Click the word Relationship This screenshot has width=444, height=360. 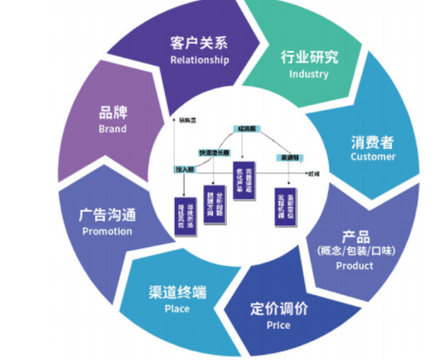coord(200,60)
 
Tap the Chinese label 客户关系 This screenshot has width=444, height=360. coord(199,43)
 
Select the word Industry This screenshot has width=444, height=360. coord(308,74)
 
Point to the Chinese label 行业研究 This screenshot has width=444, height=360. coord(309,57)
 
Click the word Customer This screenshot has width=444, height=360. coord(373,156)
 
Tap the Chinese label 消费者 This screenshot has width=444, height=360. coord(373,141)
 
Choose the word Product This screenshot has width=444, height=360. coord(355,266)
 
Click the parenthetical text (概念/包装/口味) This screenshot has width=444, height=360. coord(355,251)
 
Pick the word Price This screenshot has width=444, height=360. coord(278,325)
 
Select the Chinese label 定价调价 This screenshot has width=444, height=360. coord(279,309)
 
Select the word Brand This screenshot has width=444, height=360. coord(112,129)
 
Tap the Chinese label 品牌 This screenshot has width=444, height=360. coord(112,113)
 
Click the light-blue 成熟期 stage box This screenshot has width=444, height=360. coord(247,129)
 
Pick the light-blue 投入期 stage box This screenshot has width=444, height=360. coord(185,170)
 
